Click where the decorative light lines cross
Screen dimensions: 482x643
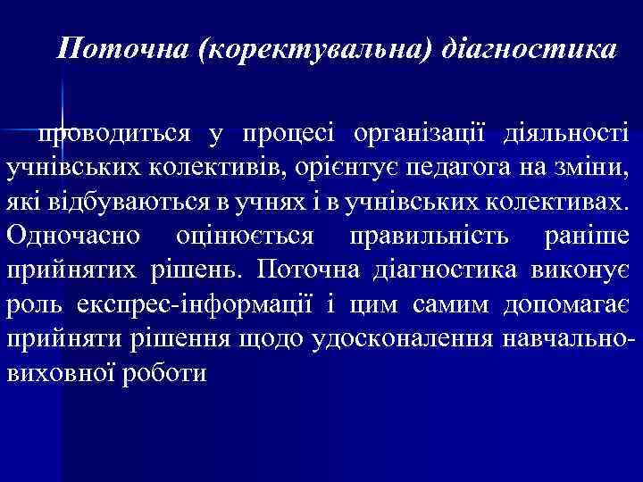tap(61, 128)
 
